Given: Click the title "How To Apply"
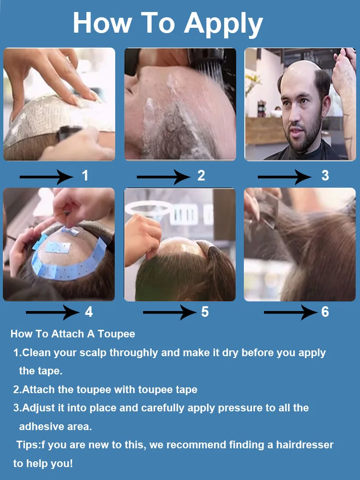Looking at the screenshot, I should [168, 23].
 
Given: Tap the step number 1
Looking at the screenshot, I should [85, 176].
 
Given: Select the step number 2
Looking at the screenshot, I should [201, 176].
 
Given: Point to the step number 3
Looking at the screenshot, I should [325, 176].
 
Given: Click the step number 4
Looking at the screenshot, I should [89, 312].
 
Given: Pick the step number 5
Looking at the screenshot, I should [205, 312].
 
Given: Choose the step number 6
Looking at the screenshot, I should [325, 312].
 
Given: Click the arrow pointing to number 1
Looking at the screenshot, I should [46, 177].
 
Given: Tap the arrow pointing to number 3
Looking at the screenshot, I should [284, 177].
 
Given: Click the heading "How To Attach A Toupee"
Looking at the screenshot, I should [73, 334].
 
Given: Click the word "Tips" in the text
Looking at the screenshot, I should [27, 445].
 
